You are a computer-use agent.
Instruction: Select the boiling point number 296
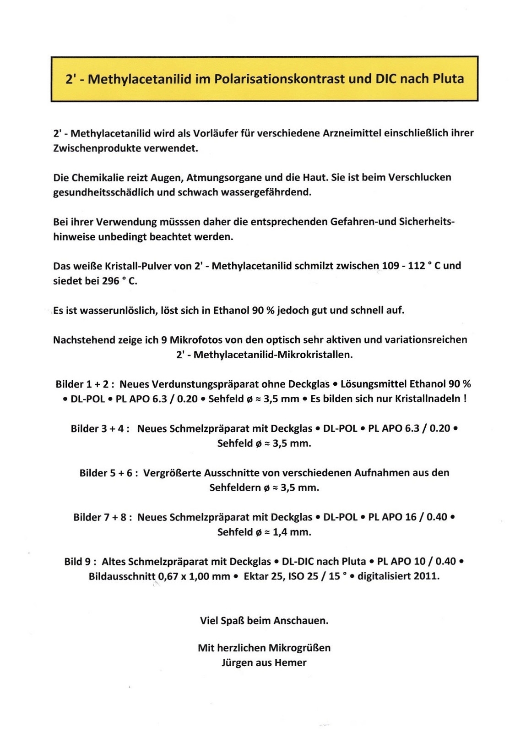[x=111, y=281]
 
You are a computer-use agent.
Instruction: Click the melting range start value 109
[x=390, y=266]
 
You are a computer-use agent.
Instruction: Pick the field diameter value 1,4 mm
[x=292, y=532]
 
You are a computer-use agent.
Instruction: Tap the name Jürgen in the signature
[x=235, y=662]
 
